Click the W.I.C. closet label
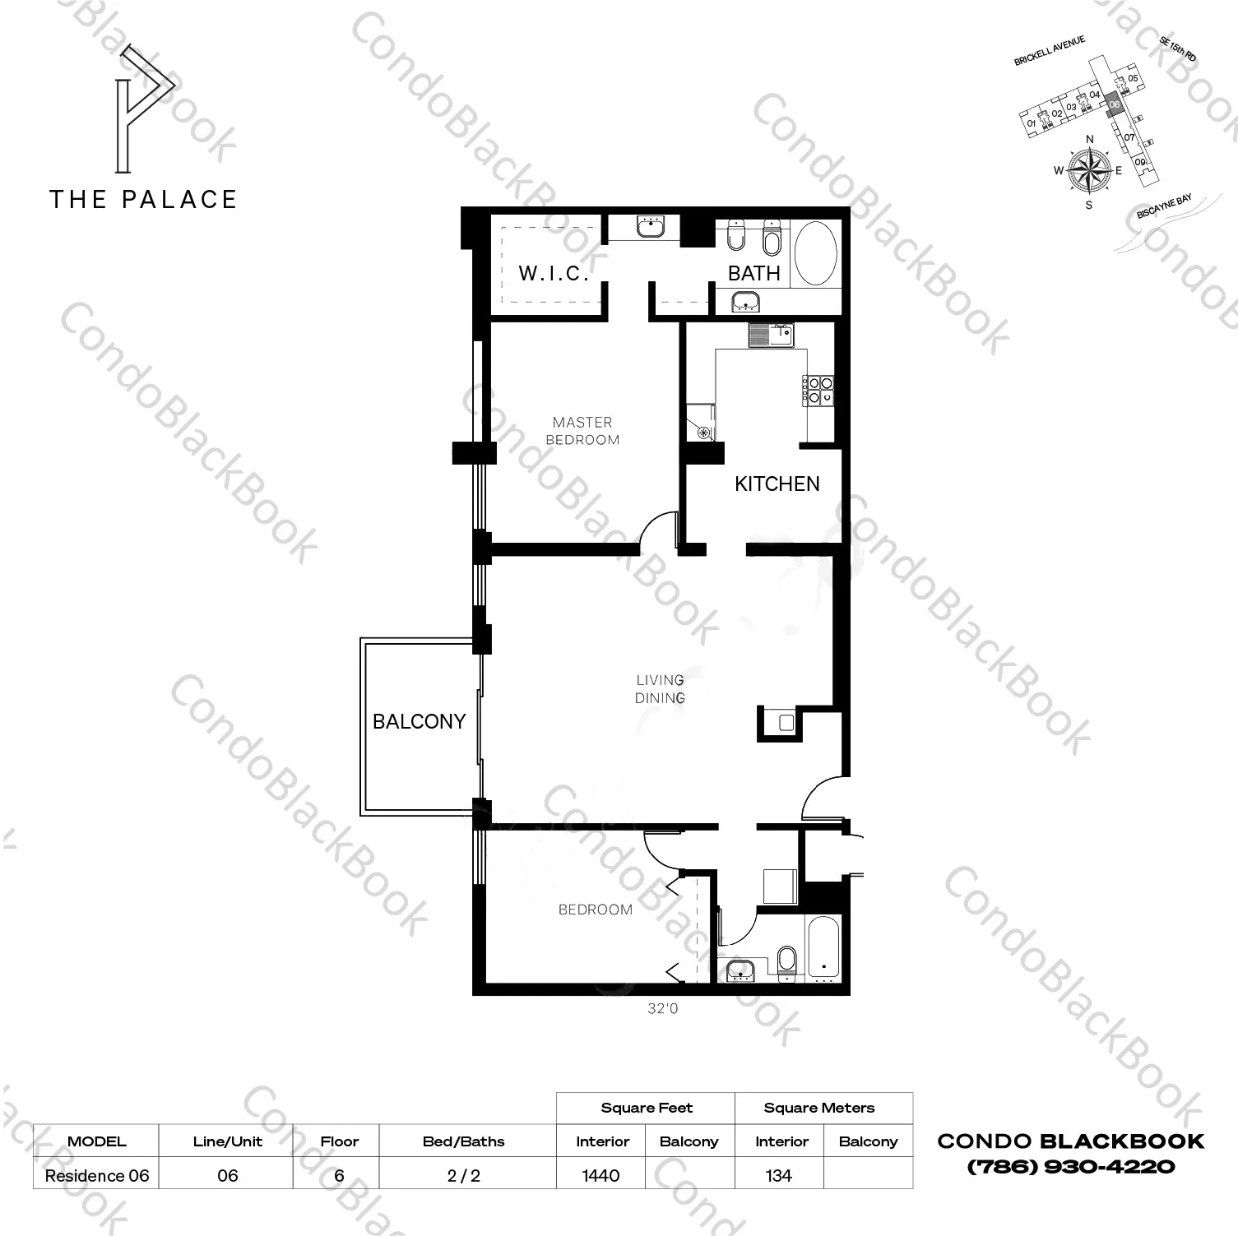click(553, 273)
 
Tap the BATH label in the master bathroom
click(753, 273)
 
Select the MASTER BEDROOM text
click(582, 431)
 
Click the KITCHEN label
click(777, 484)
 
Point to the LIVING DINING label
click(660, 689)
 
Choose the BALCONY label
click(419, 721)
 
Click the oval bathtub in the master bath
click(815, 253)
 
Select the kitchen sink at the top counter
click(771, 335)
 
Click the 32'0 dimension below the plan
click(662, 1008)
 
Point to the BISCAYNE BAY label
click(1163, 206)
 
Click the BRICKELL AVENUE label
click(1050, 51)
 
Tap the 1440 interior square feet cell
click(601, 1176)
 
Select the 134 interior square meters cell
click(778, 1176)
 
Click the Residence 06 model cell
click(97, 1176)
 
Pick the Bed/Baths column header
click(463, 1141)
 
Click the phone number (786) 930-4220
click(1070, 1166)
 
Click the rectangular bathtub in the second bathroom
click(823, 949)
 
